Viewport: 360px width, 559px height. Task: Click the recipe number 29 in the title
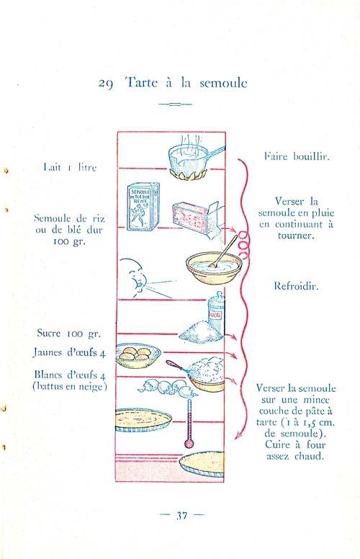(106, 84)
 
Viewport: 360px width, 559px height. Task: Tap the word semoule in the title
(223, 83)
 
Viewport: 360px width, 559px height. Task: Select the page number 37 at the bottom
(181, 516)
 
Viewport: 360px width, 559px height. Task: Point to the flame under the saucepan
(189, 174)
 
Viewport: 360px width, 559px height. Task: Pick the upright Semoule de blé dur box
(143, 207)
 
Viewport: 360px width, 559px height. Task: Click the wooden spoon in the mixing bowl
(223, 251)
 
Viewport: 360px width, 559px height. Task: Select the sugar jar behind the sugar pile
(216, 312)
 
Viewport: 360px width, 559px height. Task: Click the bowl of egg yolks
(138, 355)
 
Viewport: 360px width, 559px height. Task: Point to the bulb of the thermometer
(189, 444)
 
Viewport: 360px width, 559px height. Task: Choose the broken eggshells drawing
(168, 388)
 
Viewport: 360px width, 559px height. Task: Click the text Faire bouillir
(297, 156)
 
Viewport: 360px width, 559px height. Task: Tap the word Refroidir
(296, 286)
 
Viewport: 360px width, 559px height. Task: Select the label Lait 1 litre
(70, 167)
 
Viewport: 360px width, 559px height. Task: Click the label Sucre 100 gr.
(69, 334)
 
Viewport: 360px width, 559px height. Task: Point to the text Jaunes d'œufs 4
(70, 352)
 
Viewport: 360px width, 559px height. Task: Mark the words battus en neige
(70, 386)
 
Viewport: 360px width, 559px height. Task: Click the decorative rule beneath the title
(175, 104)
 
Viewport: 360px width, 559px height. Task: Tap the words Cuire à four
(295, 445)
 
